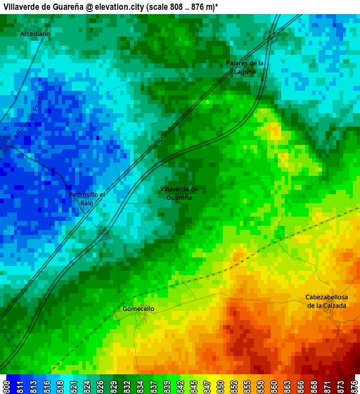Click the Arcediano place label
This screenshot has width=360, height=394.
click(x=35, y=34)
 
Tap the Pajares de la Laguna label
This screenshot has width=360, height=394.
click(x=245, y=67)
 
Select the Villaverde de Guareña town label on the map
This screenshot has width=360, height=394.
click(x=179, y=193)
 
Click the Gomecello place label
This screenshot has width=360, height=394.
click(x=139, y=309)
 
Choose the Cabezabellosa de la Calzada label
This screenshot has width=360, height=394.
click(x=326, y=301)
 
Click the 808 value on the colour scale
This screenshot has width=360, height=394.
click(x=6, y=386)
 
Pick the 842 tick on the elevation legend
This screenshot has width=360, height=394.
click(x=180, y=386)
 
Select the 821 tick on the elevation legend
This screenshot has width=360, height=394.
click(x=72, y=386)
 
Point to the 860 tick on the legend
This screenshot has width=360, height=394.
click(x=274, y=386)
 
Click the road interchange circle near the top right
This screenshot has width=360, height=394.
click(x=269, y=35)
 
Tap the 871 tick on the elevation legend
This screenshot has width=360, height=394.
click(x=328, y=386)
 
